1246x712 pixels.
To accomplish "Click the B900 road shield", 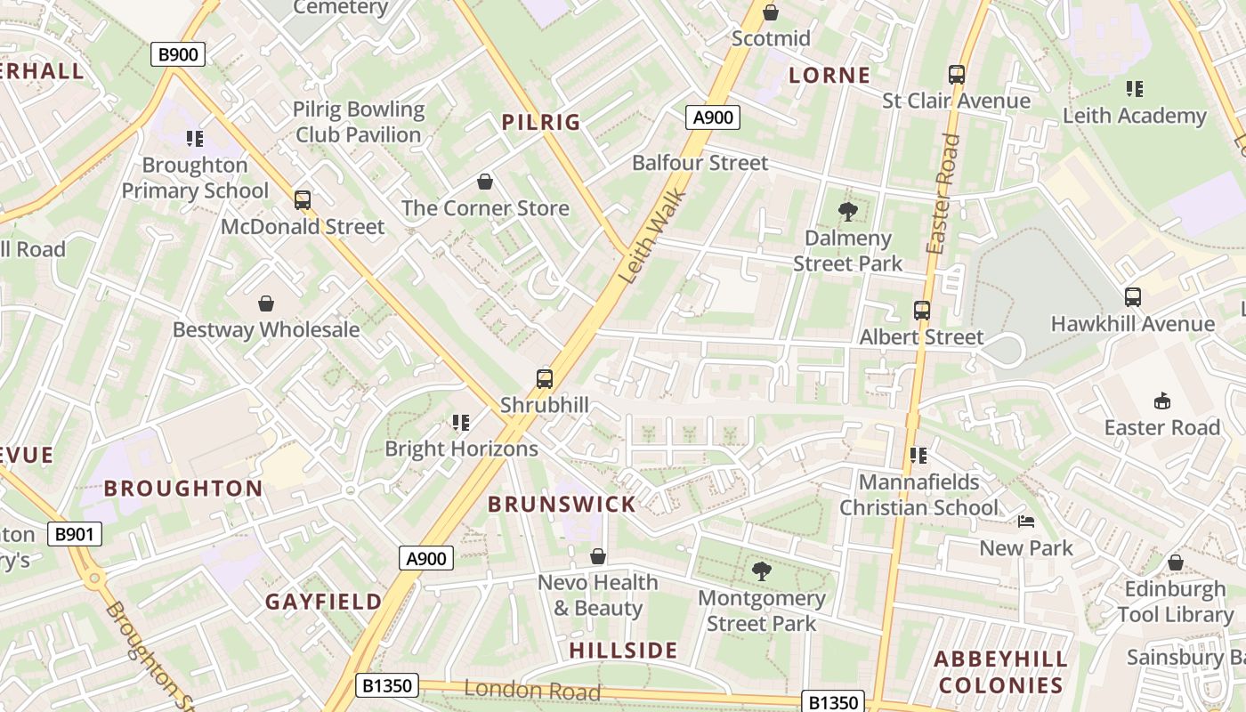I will point(178,54).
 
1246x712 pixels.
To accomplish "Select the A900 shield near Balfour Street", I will point(713,117).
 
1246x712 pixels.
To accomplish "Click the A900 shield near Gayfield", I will point(426,558).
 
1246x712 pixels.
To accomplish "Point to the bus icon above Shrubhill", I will point(545,379).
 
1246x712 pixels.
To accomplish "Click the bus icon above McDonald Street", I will point(303,200).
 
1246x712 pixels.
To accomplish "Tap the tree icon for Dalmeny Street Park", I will point(847,212).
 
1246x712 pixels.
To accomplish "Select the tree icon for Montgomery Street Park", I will point(761,571).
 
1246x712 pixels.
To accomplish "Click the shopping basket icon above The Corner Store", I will point(485,182).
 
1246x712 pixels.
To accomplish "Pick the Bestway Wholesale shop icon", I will point(266,304).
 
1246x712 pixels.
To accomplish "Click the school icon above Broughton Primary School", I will point(195,139).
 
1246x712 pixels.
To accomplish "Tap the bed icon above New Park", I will point(1026,522).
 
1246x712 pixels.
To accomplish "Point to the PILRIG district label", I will point(541,123).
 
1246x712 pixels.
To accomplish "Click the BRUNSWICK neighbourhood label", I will point(562,505).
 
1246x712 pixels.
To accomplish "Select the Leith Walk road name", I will point(651,237).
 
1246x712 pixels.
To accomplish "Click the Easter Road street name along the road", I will point(943,194).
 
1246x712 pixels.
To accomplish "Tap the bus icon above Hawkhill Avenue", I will point(1132,297).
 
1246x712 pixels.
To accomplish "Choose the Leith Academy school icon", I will point(1134,89).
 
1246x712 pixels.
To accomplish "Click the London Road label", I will point(531,690).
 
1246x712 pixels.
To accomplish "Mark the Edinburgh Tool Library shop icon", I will point(1175,563).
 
